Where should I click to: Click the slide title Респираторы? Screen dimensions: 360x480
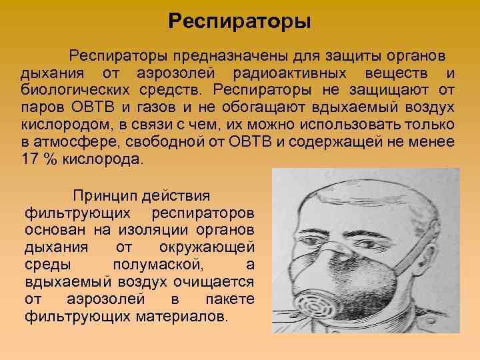pos(239,21)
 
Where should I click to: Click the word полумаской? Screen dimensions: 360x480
pos(169,265)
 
